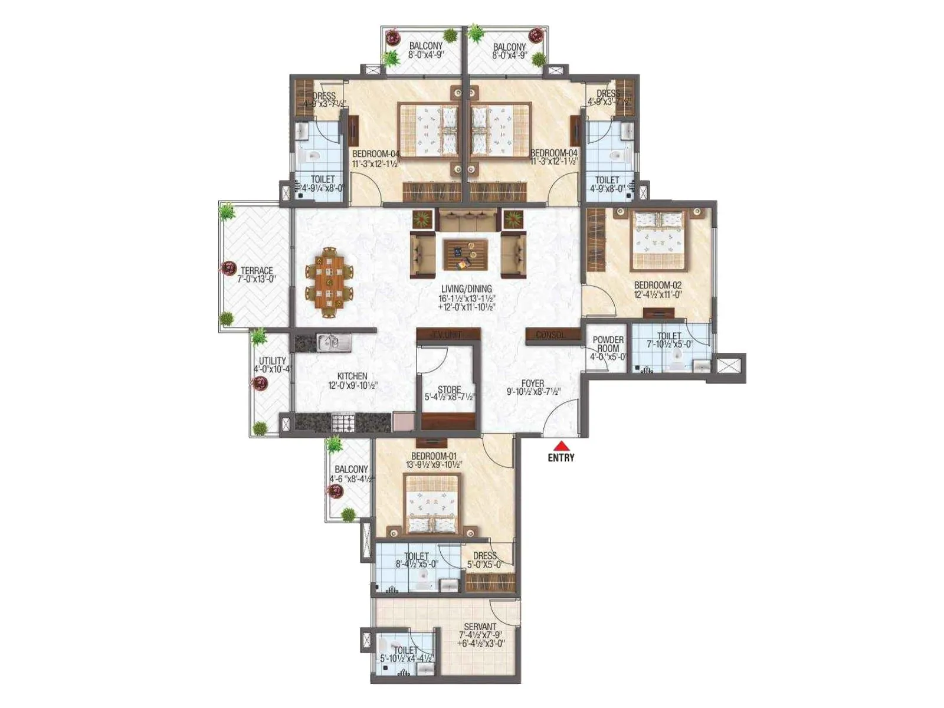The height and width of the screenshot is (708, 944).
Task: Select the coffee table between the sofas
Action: coord(466,254)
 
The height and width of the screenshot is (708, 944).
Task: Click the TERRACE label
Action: coord(257,271)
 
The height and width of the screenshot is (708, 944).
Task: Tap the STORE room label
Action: coord(449,389)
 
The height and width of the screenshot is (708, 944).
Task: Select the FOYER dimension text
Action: coord(533,392)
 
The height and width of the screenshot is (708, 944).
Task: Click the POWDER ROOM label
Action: coord(608,344)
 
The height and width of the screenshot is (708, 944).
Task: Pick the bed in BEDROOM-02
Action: coord(660,240)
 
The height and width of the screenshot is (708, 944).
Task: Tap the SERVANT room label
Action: coord(480,627)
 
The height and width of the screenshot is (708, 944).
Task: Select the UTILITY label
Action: coord(273,360)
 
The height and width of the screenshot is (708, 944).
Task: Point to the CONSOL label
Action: coord(550,335)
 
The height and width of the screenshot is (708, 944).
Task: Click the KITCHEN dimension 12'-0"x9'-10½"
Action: coord(353,386)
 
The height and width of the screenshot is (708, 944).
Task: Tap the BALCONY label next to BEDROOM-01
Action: coord(351,469)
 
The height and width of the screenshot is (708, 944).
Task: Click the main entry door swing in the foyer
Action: coord(562,419)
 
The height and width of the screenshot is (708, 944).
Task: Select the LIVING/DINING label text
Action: coord(466,289)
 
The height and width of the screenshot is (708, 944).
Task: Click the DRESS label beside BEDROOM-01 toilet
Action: coord(484,556)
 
